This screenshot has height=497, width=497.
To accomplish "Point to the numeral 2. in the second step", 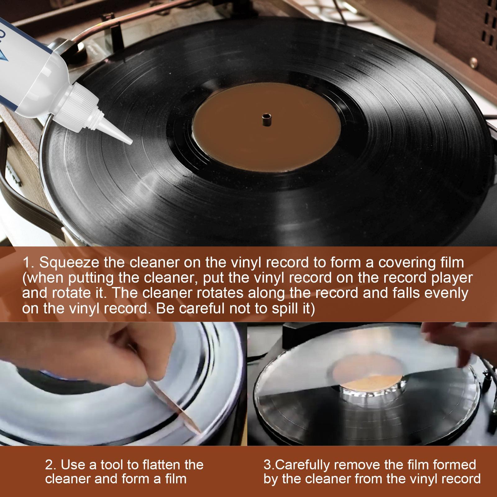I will (x=51, y=465).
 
